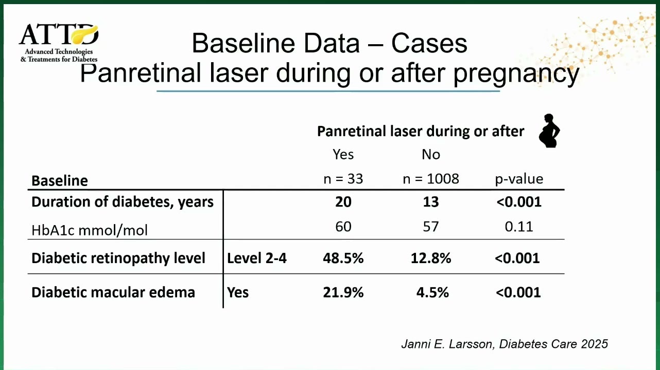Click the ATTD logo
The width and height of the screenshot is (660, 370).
[x=59, y=43]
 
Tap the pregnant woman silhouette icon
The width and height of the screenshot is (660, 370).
[x=549, y=131]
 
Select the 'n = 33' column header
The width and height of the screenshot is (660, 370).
[x=343, y=179]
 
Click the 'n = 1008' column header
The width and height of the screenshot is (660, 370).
[x=431, y=179]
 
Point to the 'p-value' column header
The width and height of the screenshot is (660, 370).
[x=519, y=179]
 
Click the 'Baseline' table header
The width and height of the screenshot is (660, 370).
[x=60, y=180]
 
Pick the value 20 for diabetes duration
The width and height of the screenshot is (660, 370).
[x=343, y=202]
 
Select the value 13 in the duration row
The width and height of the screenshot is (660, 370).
[x=431, y=202]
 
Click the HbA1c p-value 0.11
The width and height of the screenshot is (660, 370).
[x=519, y=227]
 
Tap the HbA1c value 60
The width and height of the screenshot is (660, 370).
[x=343, y=227]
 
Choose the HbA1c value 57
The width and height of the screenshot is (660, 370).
[x=431, y=227]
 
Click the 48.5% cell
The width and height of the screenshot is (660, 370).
[x=343, y=258]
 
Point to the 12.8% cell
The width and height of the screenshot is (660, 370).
[x=431, y=258]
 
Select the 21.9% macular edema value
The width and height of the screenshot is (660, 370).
[x=343, y=292]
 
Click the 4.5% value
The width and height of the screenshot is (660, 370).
[x=432, y=292]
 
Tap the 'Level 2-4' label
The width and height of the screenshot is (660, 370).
[x=256, y=258]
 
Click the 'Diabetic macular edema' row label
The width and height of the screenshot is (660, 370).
[x=113, y=292]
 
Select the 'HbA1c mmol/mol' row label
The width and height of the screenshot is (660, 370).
[x=89, y=230]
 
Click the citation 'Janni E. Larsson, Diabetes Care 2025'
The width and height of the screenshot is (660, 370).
[x=505, y=344]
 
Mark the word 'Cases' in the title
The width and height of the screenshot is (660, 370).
[x=429, y=44]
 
